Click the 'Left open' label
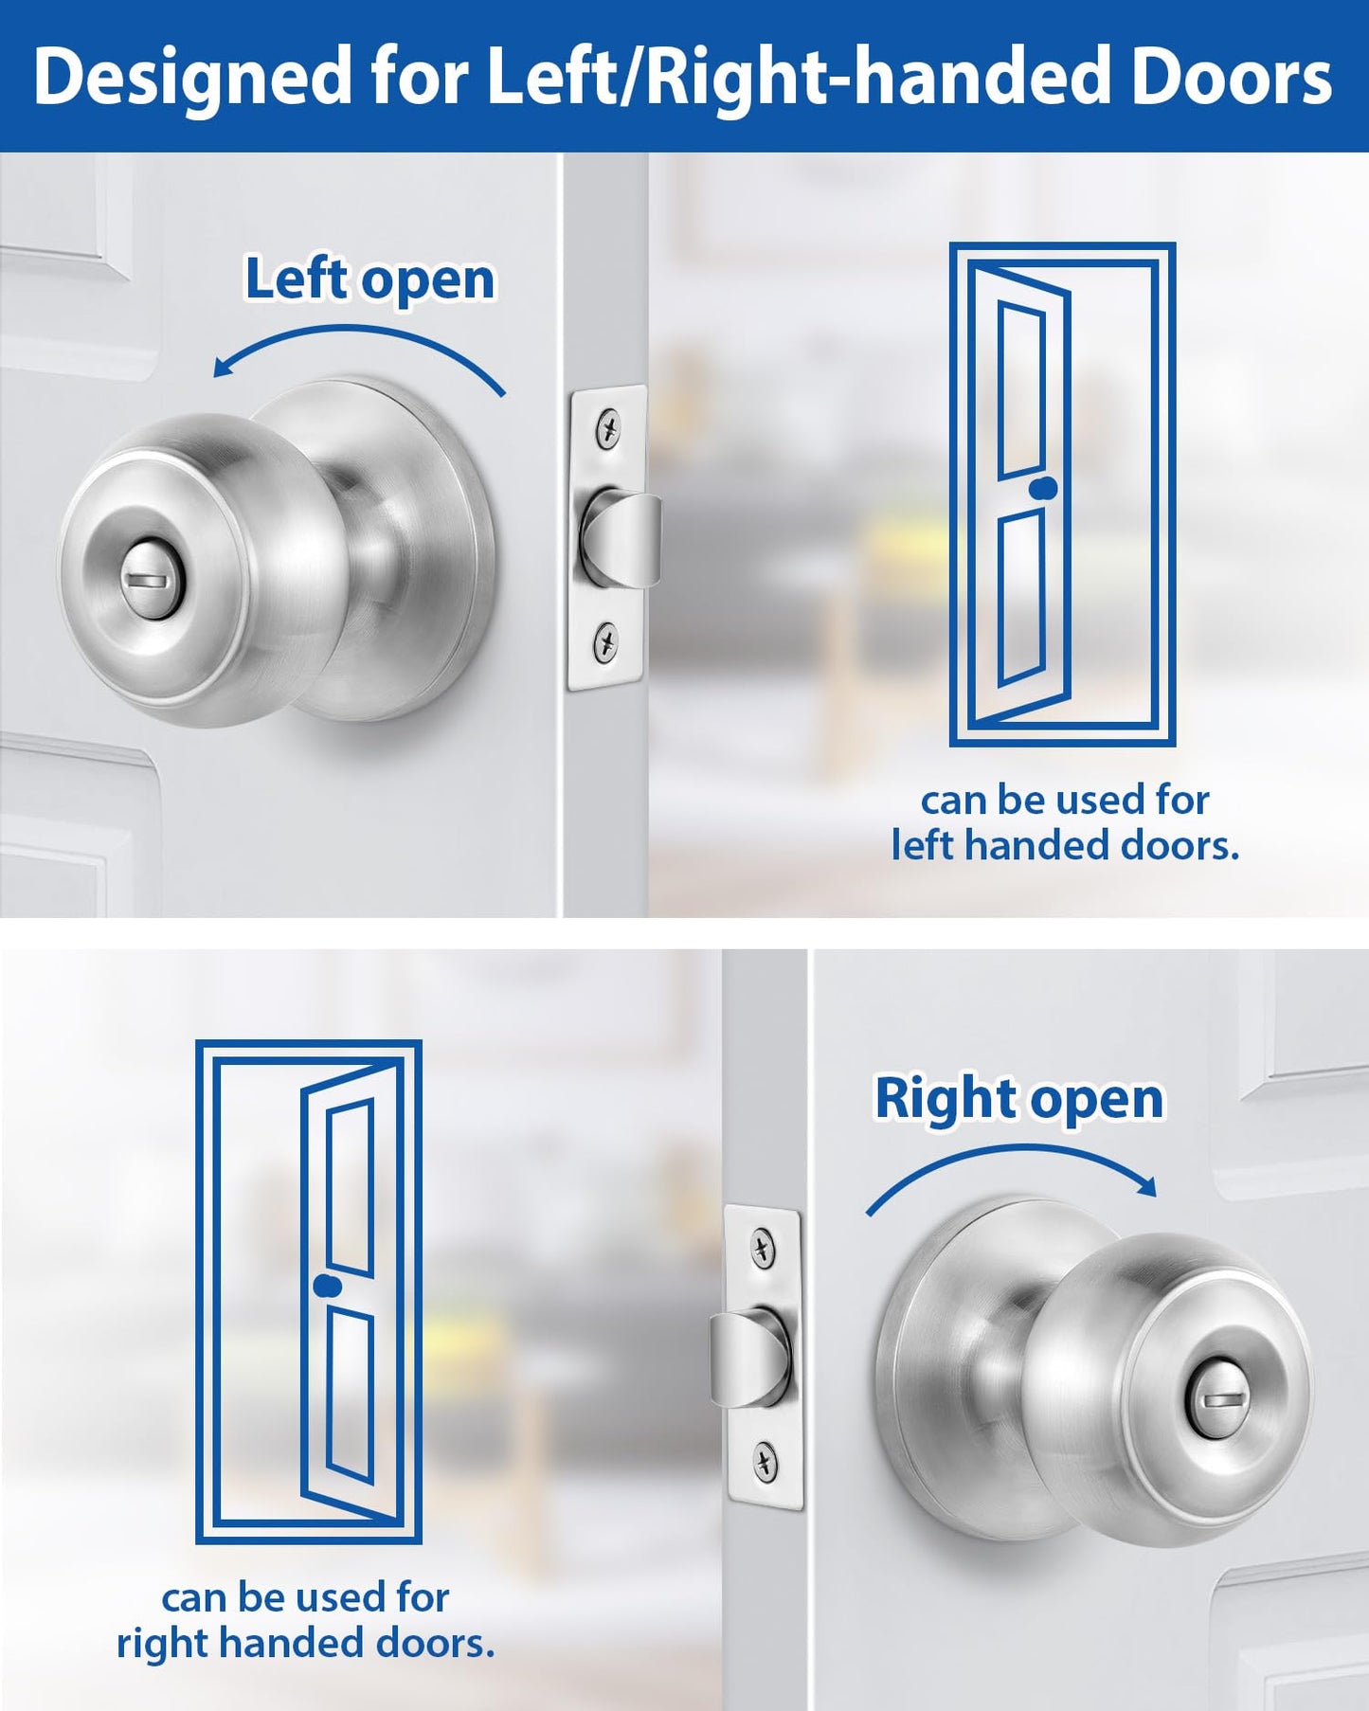tap(369, 279)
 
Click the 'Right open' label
tap(1018, 1099)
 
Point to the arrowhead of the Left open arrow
tap(222, 368)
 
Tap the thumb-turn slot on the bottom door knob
tap(1216, 1398)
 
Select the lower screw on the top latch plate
tap(605, 644)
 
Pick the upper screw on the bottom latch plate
tap(764, 1249)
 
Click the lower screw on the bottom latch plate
tap(766, 1462)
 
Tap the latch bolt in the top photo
tap(625, 538)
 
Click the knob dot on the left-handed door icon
tap(1046, 488)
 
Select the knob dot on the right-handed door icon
tap(325, 1286)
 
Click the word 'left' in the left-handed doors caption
tap(922, 845)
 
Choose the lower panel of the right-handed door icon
tap(351, 1393)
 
